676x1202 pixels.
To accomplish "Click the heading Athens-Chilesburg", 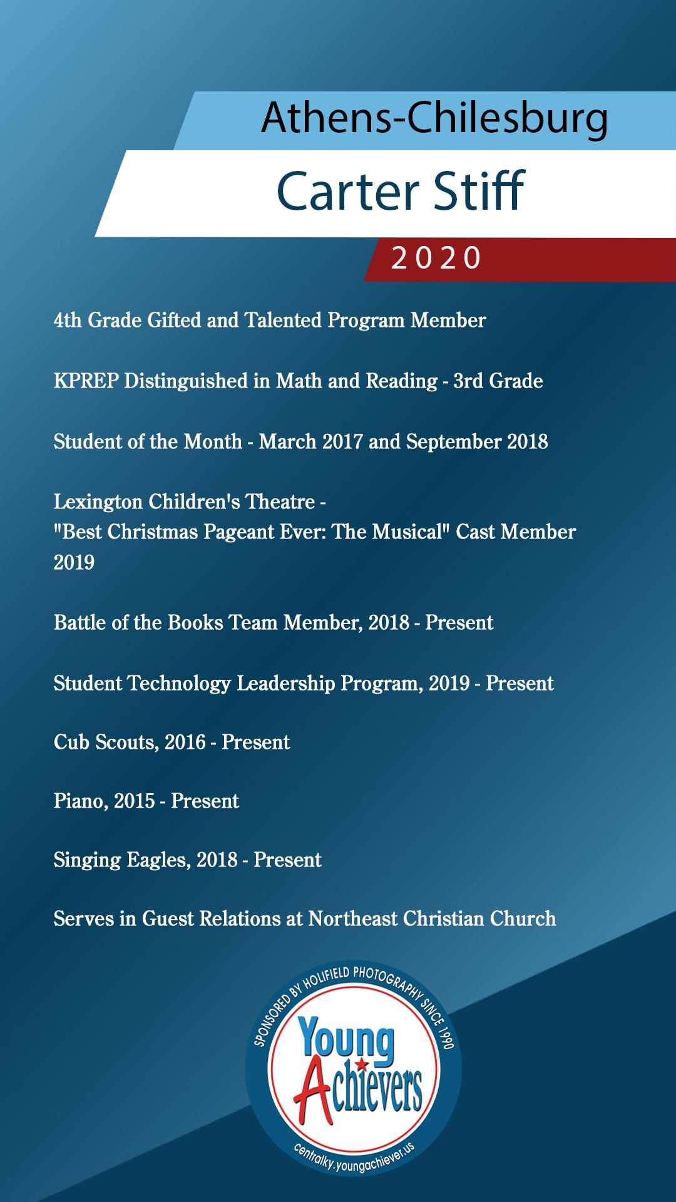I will (434, 118).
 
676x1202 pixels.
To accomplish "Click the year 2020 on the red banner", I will (436, 258).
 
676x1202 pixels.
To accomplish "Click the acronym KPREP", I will (86, 381).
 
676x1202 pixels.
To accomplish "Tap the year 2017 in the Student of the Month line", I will (342, 442).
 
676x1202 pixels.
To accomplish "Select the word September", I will (454, 442).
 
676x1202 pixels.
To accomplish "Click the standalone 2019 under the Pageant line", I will (74, 562).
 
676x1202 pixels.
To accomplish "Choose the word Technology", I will (179, 684).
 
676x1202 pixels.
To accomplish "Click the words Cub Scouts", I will (105, 742).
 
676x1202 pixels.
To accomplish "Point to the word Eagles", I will (158, 860).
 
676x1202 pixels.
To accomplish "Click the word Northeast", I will (353, 919).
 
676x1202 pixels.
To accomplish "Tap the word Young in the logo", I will (346, 1040).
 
